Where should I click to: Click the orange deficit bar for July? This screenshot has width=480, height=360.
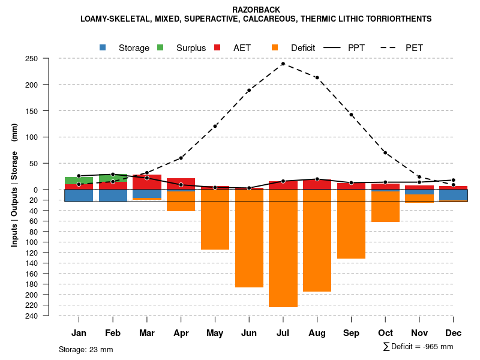[283, 248]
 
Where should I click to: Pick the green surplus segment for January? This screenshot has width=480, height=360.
[79, 181]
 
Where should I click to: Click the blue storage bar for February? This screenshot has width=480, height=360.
[113, 195]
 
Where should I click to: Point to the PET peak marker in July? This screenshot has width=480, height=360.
[283, 64]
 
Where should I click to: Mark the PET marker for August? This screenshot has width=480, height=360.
[317, 77]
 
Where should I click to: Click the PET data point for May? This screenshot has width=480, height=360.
[215, 126]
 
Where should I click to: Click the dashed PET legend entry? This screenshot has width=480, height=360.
[404, 48]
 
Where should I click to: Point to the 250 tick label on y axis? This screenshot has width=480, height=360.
[32, 59]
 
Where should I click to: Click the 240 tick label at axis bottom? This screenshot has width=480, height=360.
[32, 316]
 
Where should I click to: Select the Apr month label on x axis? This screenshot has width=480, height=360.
[181, 333]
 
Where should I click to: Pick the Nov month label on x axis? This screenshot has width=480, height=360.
[419, 333]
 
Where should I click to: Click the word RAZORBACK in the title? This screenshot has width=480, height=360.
[256, 10]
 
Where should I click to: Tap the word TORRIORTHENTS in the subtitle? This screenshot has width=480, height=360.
[399, 19]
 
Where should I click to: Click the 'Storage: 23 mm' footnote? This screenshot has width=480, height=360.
[86, 349]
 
